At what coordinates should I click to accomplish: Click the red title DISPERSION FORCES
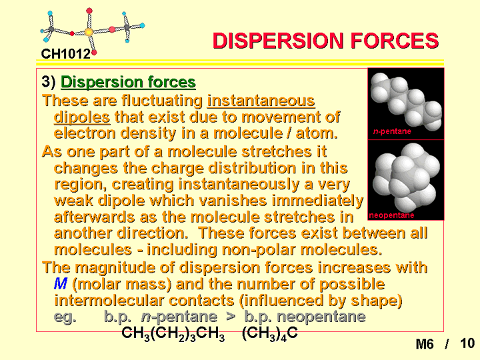pyautogui.click(x=325, y=41)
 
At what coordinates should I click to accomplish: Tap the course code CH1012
pyautogui.click(x=66, y=54)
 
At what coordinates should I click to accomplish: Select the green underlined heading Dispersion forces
pyautogui.click(x=128, y=83)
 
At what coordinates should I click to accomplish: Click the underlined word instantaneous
pyautogui.click(x=261, y=101)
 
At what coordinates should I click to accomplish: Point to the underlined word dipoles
pyautogui.click(x=82, y=117)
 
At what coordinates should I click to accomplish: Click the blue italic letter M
pyautogui.click(x=60, y=284)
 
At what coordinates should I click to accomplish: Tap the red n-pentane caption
pyautogui.click(x=392, y=131)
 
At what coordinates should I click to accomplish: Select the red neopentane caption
pyautogui.click(x=391, y=215)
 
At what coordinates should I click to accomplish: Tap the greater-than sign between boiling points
pyautogui.click(x=231, y=317)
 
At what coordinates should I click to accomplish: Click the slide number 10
pyautogui.click(x=467, y=343)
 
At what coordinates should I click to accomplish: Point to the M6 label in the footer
pyautogui.click(x=425, y=344)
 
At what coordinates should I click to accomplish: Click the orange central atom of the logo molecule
pyautogui.click(x=89, y=32)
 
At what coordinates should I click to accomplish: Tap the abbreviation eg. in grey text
pyautogui.click(x=65, y=317)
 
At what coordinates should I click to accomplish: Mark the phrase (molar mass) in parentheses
pyautogui.click(x=122, y=285)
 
